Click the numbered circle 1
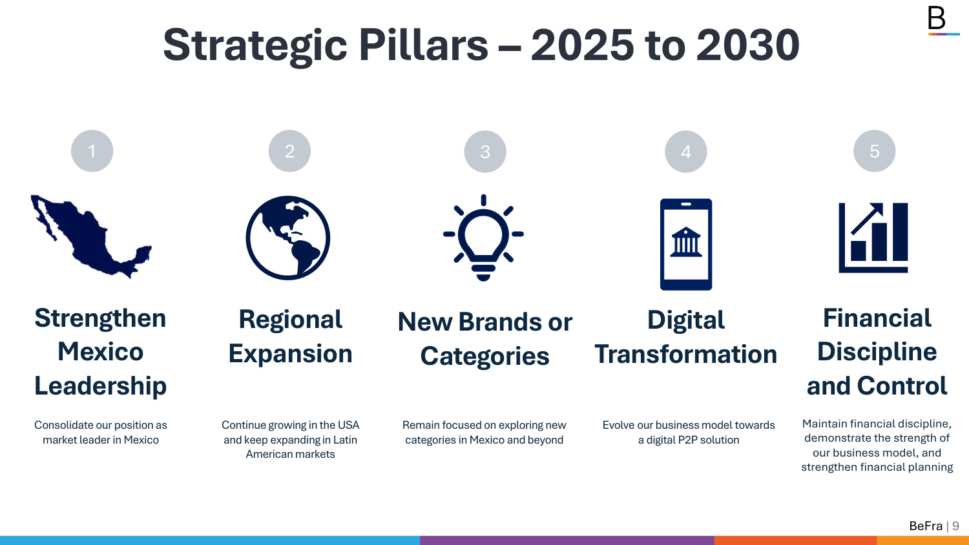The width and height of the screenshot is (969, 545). (x=92, y=151)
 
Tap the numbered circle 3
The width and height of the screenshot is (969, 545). (x=485, y=151)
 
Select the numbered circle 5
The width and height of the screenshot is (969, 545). (x=874, y=151)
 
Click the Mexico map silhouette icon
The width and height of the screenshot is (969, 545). (x=91, y=236)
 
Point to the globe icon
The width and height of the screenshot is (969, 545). (x=287, y=238)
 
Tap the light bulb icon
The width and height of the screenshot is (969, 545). (x=483, y=238)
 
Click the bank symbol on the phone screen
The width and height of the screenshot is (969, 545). (x=685, y=242)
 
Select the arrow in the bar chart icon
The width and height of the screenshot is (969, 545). (x=867, y=218)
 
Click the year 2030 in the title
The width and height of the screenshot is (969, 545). (x=748, y=45)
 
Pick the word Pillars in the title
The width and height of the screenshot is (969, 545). (x=424, y=45)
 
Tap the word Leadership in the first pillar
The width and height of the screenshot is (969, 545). (x=100, y=386)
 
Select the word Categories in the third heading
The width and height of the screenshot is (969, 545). (x=485, y=356)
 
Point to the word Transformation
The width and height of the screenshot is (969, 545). (x=685, y=355)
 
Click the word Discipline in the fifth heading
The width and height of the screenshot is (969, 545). (x=877, y=352)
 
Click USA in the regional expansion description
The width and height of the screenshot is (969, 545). (x=349, y=425)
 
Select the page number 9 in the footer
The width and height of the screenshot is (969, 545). (x=955, y=526)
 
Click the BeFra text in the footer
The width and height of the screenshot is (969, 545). (x=926, y=526)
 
